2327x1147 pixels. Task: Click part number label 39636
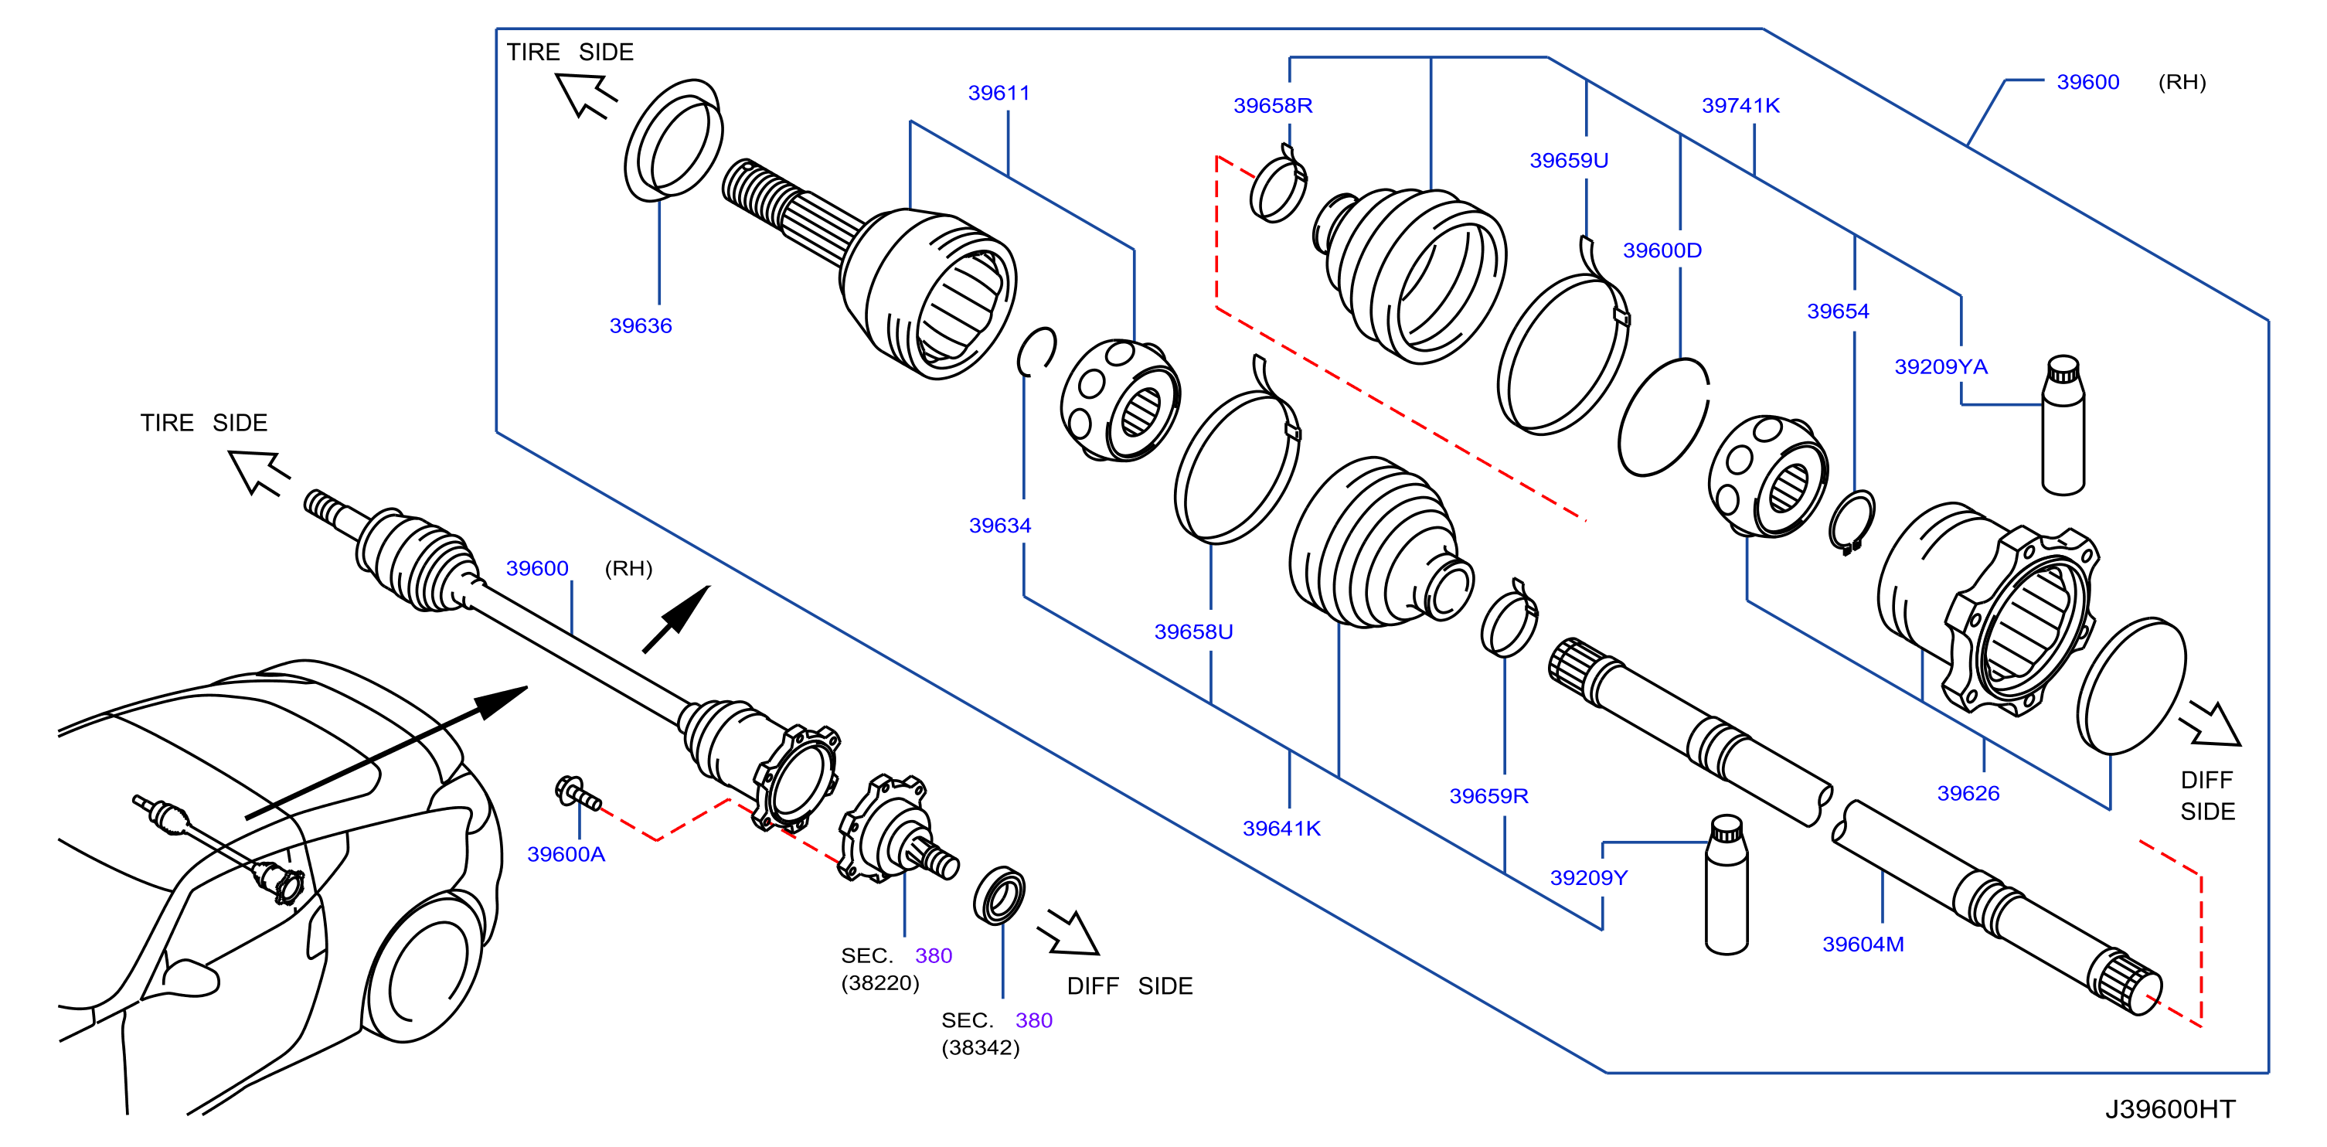tap(641, 326)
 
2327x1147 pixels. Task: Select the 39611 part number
tap(999, 93)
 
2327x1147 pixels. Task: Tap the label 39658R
tap(1273, 106)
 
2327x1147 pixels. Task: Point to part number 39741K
tap(1740, 106)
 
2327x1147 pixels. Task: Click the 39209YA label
tap(1941, 366)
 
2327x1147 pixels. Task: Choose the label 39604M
tap(1863, 944)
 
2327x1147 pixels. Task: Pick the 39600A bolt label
tap(566, 854)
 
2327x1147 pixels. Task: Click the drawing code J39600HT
tap(2170, 1109)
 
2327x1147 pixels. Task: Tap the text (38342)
tap(980, 1047)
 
